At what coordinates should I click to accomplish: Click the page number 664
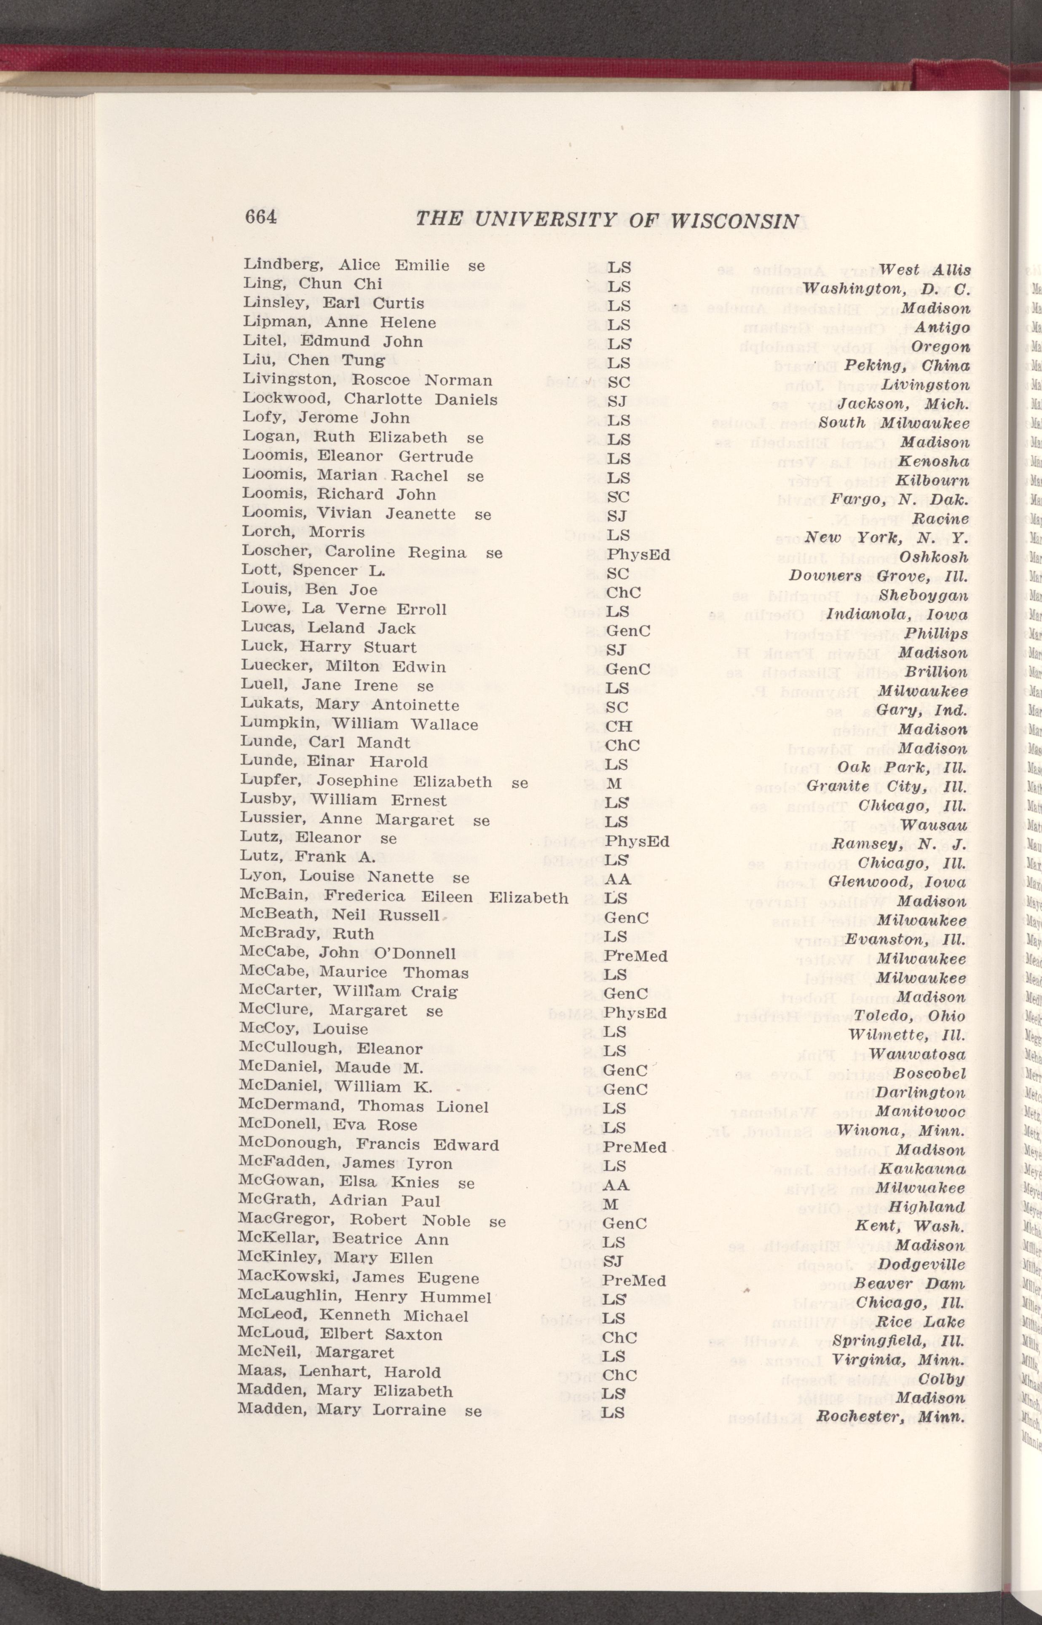[260, 217]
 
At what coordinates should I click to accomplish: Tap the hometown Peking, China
[907, 366]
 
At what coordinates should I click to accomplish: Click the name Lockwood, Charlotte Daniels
[370, 399]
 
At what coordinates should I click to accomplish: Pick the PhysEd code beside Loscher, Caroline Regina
[638, 554]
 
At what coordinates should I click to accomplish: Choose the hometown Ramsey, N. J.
[899, 843]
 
